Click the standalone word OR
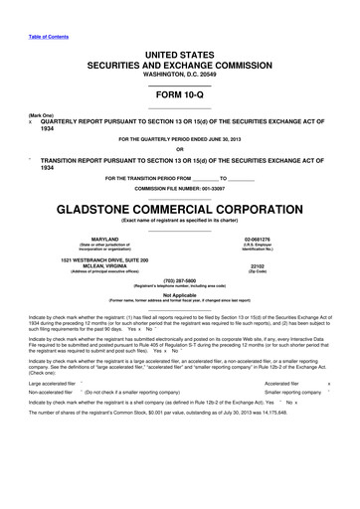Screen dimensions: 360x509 point(179,149)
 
